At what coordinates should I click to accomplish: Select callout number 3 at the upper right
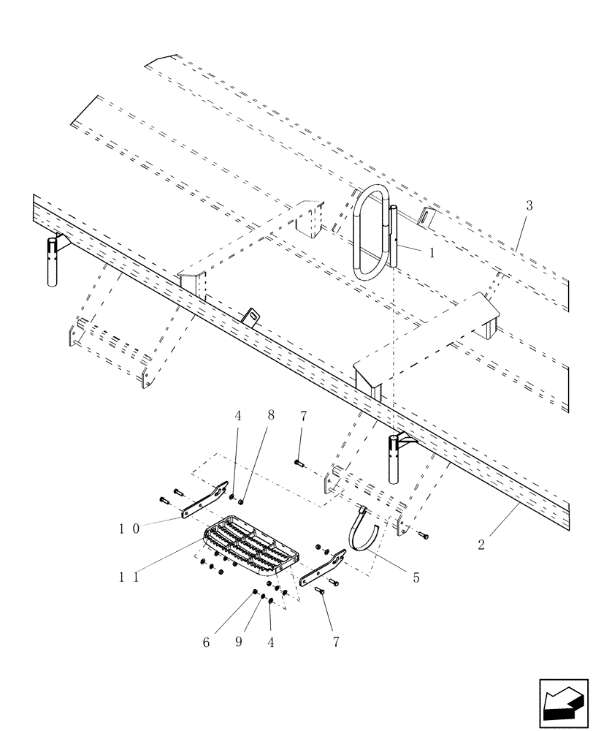tap(529, 206)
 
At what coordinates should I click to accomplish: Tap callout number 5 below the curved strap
tap(416, 577)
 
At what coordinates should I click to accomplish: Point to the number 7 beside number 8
tap(303, 417)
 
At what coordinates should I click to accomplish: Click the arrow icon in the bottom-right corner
tap(563, 703)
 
